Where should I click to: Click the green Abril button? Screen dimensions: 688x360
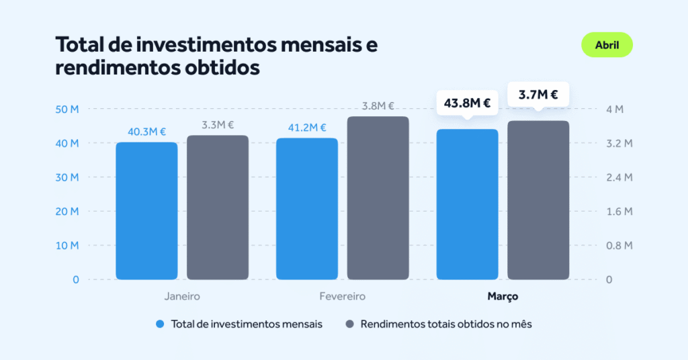pos(607,45)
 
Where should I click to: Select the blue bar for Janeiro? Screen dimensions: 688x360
pos(146,211)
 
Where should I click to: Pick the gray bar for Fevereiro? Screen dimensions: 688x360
pos(378,197)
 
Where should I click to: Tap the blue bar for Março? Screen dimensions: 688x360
pos(468,204)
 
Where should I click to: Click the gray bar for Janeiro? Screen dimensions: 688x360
pos(218,208)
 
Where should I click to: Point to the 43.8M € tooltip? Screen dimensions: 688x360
pos(468,103)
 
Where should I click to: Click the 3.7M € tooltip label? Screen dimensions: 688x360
pos(538,95)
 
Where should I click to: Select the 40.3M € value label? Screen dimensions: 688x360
pos(146,132)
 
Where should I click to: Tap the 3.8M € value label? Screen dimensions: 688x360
pos(378,106)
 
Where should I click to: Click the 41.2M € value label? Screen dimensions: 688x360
pos(307,128)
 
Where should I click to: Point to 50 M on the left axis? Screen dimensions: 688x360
pos(67,109)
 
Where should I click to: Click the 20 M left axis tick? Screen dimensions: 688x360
pos(67,212)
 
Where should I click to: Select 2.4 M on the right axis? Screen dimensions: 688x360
pos(619,177)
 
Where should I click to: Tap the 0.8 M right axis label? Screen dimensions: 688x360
pos(619,245)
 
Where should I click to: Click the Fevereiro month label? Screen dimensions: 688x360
pos(342,296)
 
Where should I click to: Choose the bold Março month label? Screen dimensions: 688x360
pos(503,296)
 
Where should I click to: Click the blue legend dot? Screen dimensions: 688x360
pos(160,324)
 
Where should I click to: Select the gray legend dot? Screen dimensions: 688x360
pos(349,324)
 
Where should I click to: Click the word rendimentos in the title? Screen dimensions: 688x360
pos(116,68)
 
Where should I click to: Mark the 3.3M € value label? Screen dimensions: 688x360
pos(218,125)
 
